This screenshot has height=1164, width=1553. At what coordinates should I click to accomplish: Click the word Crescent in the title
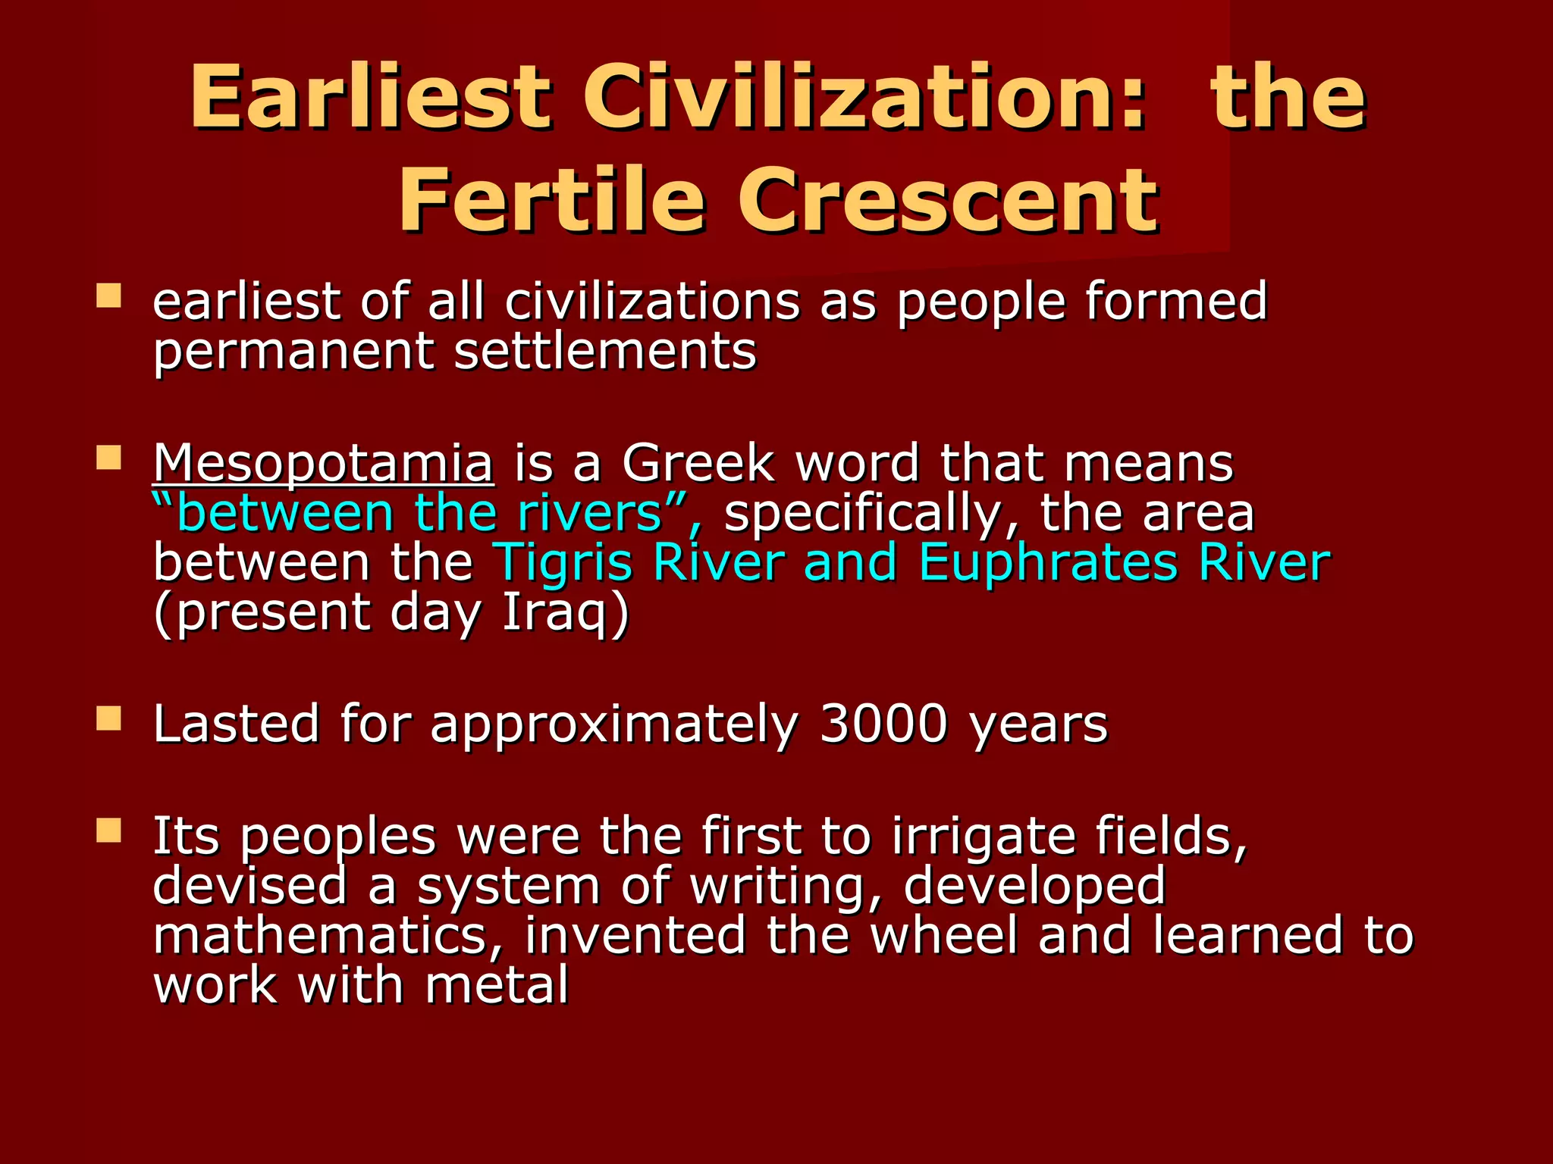(x=948, y=201)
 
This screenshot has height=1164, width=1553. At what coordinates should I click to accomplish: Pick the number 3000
(x=883, y=724)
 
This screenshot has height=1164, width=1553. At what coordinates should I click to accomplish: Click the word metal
(x=497, y=985)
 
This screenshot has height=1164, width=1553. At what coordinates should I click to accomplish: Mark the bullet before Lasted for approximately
(x=109, y=718)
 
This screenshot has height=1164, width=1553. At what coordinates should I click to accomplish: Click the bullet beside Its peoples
(x=109, y=831)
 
